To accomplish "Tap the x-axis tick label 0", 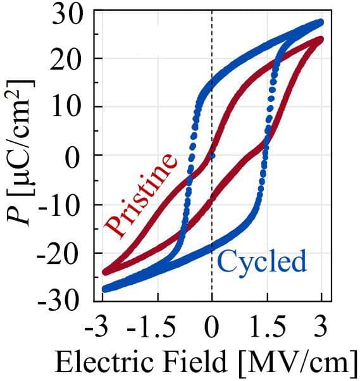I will click(211, 328).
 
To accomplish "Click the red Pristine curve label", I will click(140, 194).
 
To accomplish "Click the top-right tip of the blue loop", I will click(321, 22).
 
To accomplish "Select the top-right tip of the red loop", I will click(321, 39).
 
